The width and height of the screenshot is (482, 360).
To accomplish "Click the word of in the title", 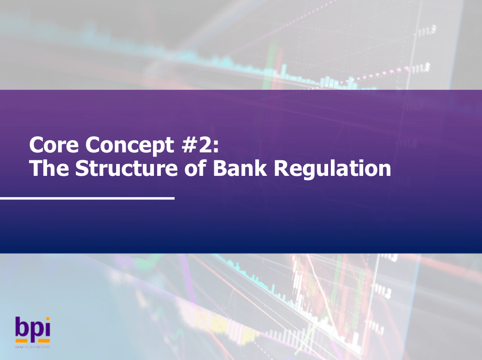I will pos(197,169).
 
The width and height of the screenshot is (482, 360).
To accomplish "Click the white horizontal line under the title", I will pos(87,198).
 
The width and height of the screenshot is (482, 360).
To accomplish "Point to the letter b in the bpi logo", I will pos(22,327).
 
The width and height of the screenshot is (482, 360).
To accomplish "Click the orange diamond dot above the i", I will pos(47,319).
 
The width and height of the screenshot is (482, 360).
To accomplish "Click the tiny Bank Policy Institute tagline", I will pos(32,346).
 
